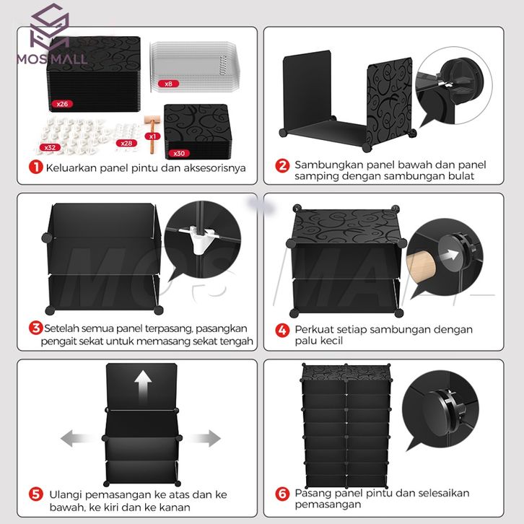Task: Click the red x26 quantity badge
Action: (x=62, y=104)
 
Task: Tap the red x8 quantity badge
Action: (x=168, y=84)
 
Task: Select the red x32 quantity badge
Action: (x=50, y=147)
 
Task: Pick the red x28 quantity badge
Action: (x=126, y=144)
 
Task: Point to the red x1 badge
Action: (x=153, y=136)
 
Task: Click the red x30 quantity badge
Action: (x=179, y=154)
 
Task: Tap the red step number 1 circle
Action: (x=36, y=167)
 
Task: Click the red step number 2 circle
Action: (x=282, y=166)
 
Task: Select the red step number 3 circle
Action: (x=36, y=328)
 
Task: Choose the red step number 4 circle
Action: (x=282, y=330)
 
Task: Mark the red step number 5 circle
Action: (x=36, y=494)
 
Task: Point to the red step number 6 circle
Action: (x=282, y=494)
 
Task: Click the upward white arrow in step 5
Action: (x=143, y=387)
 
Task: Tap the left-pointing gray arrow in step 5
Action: (x=77, y=438)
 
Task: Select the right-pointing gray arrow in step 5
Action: (x=204, y=438)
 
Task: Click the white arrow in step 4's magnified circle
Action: (x=450, y=256)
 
